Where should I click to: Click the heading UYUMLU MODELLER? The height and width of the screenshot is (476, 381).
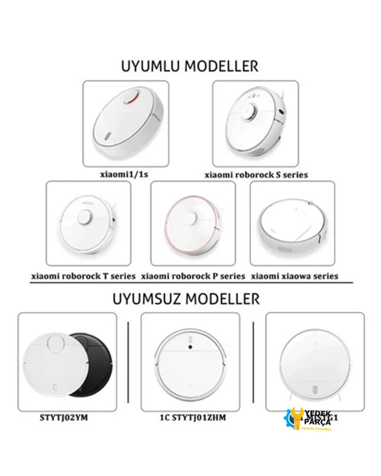tap(190, 64)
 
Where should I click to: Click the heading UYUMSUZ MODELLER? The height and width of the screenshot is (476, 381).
tap(190, 299)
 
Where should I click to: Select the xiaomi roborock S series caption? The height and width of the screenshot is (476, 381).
tap(256, 174)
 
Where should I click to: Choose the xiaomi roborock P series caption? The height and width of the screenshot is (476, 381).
tap(193, 276)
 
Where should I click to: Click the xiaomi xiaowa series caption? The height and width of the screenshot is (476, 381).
tap(294, 276)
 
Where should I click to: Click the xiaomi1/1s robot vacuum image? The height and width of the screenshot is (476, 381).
tap(126, 125)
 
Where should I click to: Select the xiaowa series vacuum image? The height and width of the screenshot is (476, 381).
tap(293, 224)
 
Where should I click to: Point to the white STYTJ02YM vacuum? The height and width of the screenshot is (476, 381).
tap(56, 366)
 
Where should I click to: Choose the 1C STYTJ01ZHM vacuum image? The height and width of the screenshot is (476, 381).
tap(190, 366)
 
